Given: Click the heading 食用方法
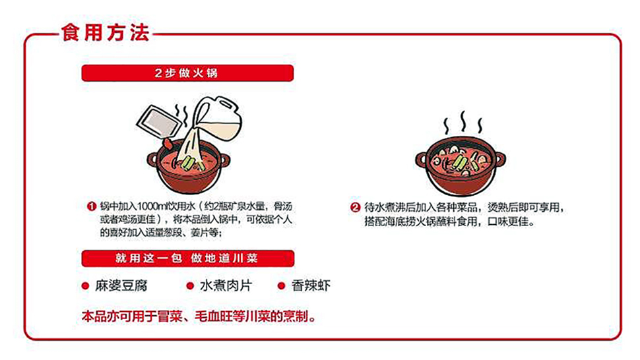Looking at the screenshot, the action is click(x=106, y=32).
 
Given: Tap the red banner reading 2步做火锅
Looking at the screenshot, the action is click(x=187, y=73).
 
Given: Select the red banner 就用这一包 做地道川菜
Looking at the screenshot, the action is click(x=188, y=258).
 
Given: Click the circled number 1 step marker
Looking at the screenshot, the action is click(x=91, y=206).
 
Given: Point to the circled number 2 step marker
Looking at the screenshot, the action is click(x=355, y=208).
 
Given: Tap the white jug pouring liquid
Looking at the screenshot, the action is click(x=217, y=119).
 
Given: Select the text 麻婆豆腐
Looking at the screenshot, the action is click(x=121, y=285).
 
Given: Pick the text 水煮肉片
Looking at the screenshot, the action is click(x=226, y=285).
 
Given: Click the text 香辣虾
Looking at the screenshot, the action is click(x=311, y=285).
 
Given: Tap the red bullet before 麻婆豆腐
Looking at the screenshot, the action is click(x=85, y=285).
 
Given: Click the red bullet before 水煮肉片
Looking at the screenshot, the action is click(x=190, y=285).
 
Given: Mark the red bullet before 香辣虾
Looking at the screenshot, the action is click(x=281, y=285).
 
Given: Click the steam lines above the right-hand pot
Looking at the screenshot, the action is click(x=463, y=123).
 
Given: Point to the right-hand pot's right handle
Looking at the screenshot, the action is click(x=499, y=159).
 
